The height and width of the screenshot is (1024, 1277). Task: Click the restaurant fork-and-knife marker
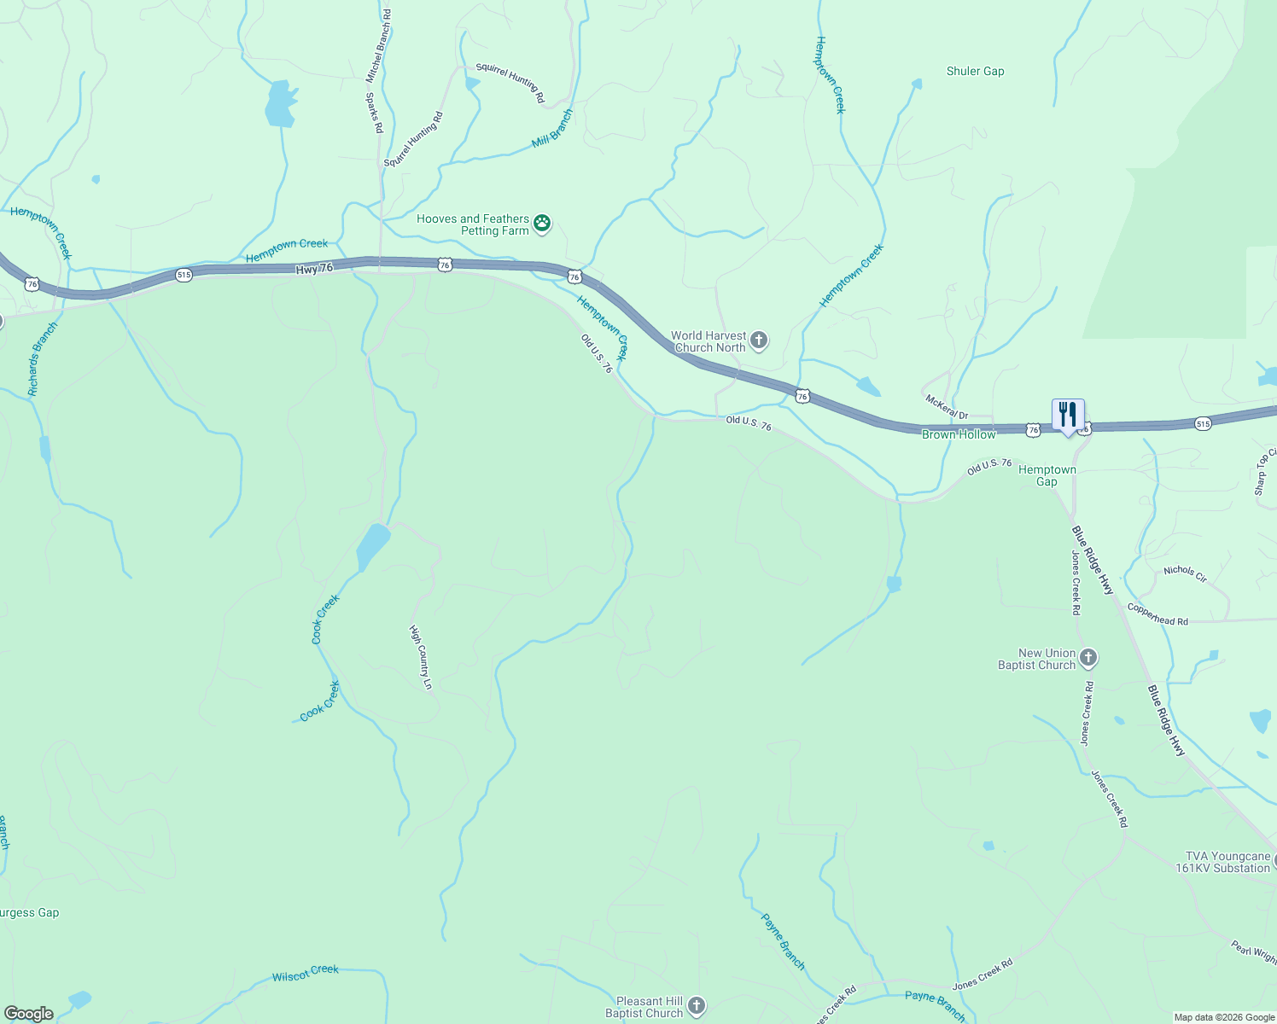tap(1068, 416)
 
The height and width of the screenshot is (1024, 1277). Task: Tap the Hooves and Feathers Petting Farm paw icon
tap(542, 224)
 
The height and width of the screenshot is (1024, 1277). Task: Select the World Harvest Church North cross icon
tap(758, 341)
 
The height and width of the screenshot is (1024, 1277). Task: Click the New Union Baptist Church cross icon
tap(1087, 658)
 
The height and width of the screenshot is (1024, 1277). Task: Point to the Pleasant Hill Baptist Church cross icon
tap(696, 1006)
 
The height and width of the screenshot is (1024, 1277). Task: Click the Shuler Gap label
tap(975, 72)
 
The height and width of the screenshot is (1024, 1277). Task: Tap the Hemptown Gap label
tap(1047, 475)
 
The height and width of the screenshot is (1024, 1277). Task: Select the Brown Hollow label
tap(959, 434)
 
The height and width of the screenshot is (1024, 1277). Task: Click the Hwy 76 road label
tap(314, 269)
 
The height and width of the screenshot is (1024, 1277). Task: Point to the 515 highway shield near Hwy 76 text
tap(184, 275)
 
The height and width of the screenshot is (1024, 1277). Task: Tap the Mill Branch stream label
tap(552, 129)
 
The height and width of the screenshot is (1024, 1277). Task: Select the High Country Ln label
tap(421, 657)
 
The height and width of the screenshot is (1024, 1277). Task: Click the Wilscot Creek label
tap(306, 974)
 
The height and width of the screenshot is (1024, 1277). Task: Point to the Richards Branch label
tap(43, 359)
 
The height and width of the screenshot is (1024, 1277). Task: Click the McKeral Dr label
tap(946, 406)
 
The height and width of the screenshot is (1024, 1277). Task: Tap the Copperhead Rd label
tap(1157, 614)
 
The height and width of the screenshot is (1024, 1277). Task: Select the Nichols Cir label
tap(1185, 574)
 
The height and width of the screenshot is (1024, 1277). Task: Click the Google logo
tap(29, 1014)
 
